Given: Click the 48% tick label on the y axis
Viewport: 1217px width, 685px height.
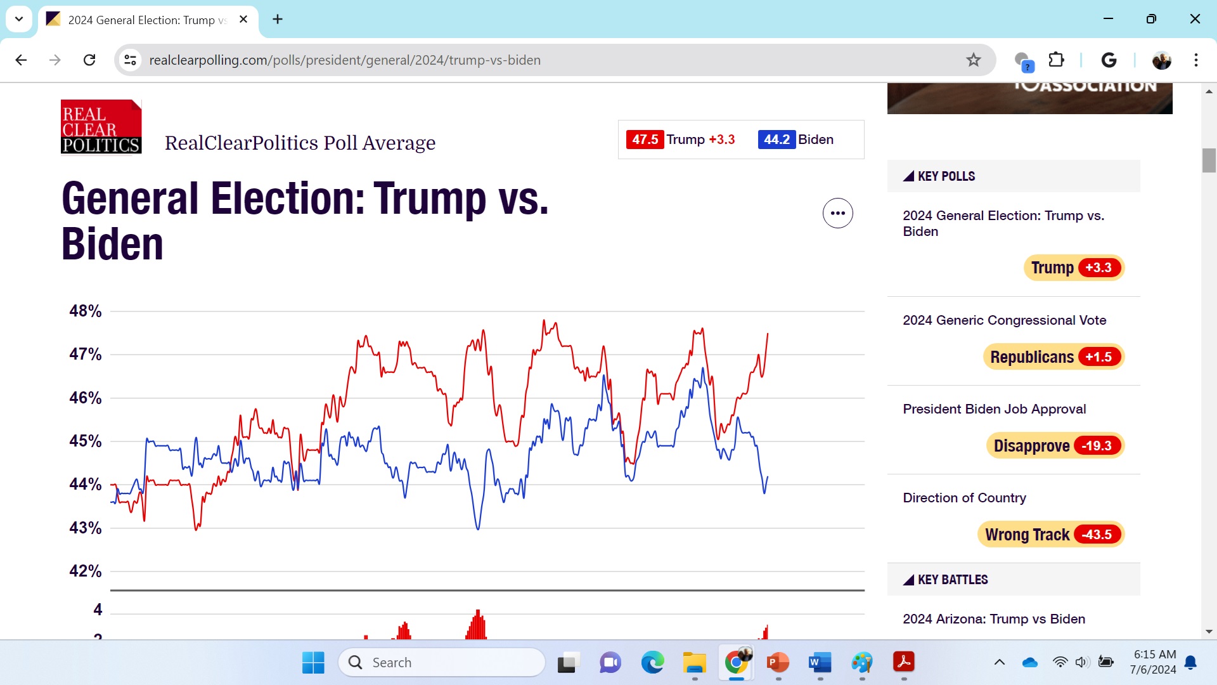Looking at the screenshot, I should tap(85, 311).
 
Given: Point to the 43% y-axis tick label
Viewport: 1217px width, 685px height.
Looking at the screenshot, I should tap(85, 528).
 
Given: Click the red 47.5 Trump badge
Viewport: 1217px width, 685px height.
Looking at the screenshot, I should tap(645, 140).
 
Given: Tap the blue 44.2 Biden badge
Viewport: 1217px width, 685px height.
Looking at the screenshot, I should tap(776, 140).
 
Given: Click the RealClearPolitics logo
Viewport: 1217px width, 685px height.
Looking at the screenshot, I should tap(101, 127).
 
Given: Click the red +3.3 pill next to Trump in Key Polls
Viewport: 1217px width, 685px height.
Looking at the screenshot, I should tap(1098, 268).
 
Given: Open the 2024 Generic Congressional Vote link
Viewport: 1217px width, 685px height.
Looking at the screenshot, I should tap(1004, 320).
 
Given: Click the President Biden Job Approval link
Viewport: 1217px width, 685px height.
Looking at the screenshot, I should tap(994, 409).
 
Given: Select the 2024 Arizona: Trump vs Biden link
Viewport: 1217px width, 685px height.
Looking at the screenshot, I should tap(993, 619).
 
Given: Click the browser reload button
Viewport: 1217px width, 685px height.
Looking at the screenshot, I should tap(89, 60).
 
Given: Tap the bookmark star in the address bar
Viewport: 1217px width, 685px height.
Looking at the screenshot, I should tap(974, 60).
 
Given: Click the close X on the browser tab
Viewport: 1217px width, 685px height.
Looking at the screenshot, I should tap(243, 20).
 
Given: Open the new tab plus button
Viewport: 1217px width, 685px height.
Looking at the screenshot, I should tap(278, 20).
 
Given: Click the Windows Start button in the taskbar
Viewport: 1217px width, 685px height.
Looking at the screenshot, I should tap(313, 663).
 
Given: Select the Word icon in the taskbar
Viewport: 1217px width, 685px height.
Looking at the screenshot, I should tap(820, 663).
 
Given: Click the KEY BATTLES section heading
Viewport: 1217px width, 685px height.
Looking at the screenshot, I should tap(952, 580).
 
